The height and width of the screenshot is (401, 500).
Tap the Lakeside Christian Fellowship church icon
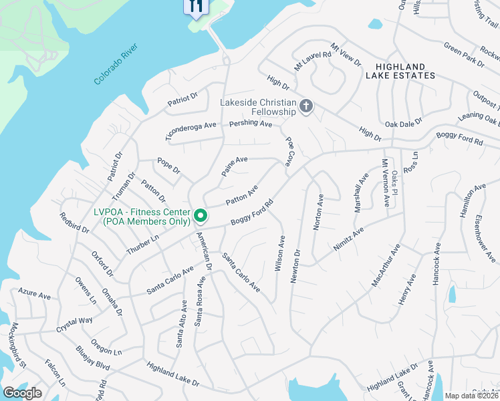[306, 107]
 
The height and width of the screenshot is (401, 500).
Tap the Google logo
[22, 393]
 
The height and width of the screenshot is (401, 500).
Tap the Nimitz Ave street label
[348, 239]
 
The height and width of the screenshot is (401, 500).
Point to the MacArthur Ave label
[386, 266]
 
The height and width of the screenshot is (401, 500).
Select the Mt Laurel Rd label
[313, 58]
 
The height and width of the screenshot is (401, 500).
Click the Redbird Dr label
[74, 222]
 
